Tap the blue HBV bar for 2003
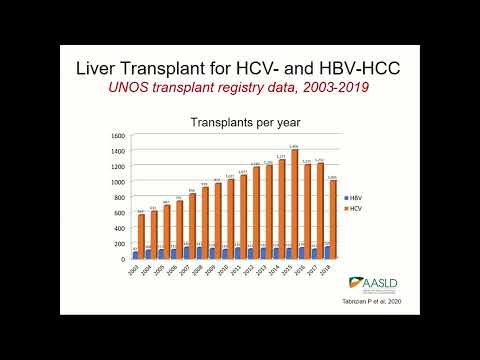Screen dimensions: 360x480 click(136, 255)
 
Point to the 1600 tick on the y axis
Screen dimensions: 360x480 click(118, 135)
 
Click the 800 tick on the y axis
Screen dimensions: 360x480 click(119, 197)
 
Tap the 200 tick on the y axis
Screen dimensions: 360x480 click(119, 243)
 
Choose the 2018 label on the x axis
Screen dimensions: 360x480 click(329, 270)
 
